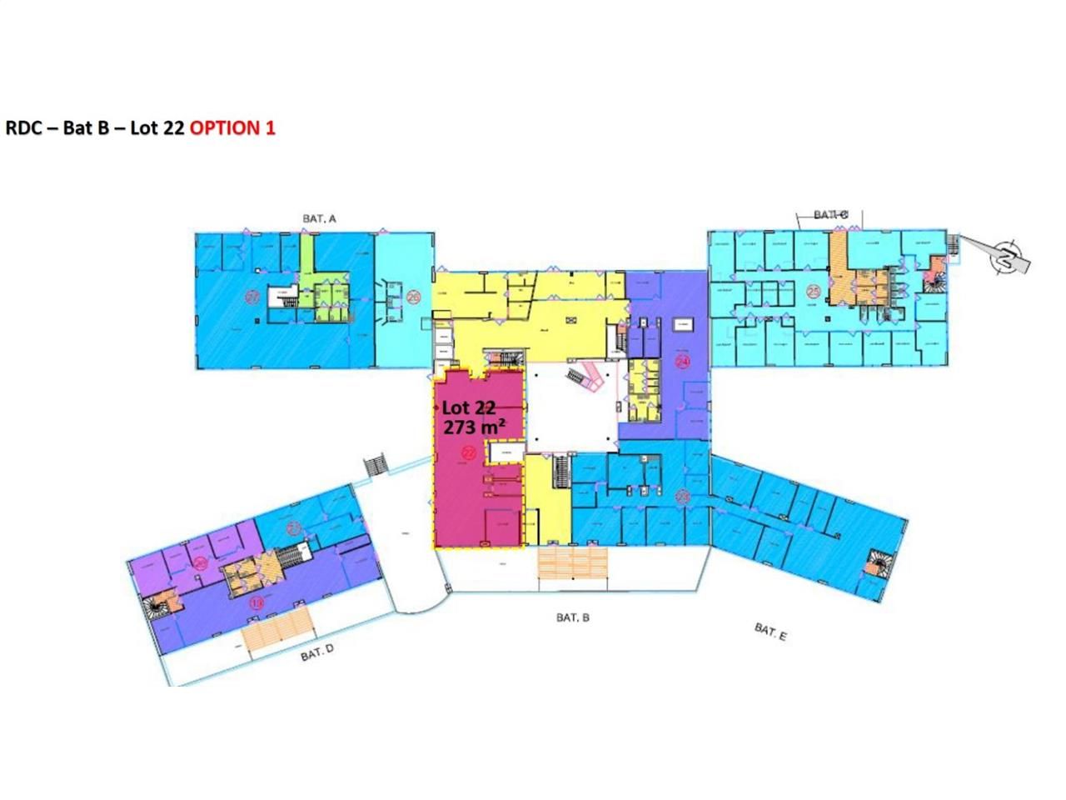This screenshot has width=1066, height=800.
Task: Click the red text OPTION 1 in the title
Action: [232, 128]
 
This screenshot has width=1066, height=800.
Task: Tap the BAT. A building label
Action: [319, 218]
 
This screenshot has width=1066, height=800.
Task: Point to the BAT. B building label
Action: [572, 617]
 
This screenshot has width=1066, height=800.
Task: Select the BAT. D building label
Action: [317, 653]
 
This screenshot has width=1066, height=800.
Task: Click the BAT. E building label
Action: [770, 632]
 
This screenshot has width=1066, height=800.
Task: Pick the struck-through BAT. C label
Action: [830, 215]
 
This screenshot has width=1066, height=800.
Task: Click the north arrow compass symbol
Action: [1008, 255]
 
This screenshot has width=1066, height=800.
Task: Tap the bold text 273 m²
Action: [474, 427]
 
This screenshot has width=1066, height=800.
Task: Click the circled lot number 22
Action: [469, 453]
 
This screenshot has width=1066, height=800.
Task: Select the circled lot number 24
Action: [683, 362]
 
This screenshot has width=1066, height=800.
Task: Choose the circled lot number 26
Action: [414, 296]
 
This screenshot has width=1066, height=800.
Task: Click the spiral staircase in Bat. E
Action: [876, 564]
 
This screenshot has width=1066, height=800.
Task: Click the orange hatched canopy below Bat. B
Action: [571, 562]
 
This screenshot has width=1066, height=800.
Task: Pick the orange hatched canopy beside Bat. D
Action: [276, 628]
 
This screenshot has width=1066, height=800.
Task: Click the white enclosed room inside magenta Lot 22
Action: [504, 452]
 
